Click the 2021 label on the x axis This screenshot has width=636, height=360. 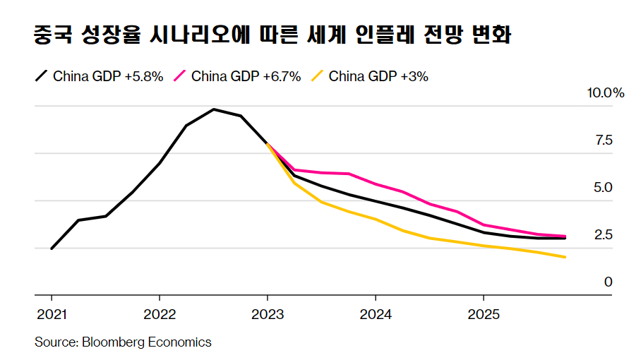coord(52,313)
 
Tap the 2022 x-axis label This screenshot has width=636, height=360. coord(159,313)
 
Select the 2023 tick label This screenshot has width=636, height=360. coord(267,313)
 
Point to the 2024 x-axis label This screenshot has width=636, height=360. coord(375,313)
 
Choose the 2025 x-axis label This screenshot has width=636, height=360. coord(483,313)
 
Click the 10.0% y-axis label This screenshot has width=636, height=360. coord(606,93)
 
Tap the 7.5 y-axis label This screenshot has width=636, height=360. coord(604,140)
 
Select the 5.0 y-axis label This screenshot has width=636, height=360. coord(604,188)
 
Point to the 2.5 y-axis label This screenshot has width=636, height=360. coord(604,235)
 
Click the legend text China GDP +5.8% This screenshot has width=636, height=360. coord(108,76)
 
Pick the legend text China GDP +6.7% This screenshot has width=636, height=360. coord(246,76)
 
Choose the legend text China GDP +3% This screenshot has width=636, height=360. coord(378,76)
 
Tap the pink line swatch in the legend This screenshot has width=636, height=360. coord(179,76)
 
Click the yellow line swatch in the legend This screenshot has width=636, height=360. coord(317,76)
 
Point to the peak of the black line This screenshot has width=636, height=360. coord(213,109)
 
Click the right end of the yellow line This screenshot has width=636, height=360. coord(564,257)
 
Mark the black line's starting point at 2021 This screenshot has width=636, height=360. coord(52,248)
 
